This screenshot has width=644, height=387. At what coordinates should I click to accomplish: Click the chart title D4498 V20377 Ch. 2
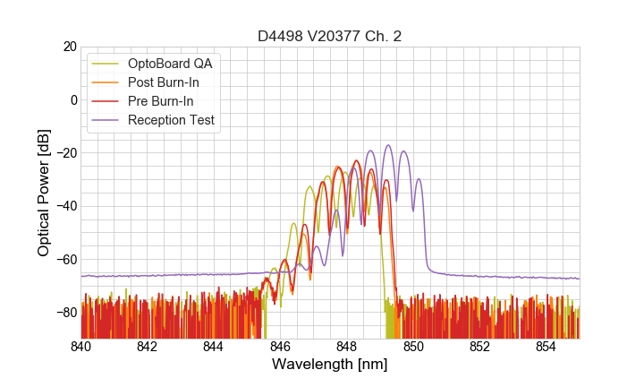(x=330, y=36)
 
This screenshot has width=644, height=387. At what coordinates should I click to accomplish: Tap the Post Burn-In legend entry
(x=164, y=82)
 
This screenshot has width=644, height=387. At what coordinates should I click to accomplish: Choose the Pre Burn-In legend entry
(x=161, y=101)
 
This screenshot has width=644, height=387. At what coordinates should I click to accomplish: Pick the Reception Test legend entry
(x=171, y=120)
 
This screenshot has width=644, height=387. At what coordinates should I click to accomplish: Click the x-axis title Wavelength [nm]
(x=330, y=365)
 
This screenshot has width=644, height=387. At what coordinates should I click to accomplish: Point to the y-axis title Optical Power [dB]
(x=44, y=193)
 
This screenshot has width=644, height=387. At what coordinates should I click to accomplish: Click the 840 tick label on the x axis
(x=80, y=347)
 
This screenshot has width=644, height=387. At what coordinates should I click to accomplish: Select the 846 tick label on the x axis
(x=280, y=347)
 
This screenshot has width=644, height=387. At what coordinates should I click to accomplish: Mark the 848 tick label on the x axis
(x=346, y=347)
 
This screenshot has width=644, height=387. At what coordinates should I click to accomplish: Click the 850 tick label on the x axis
(x=413, y=347)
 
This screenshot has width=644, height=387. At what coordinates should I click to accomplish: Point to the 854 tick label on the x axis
(x=546, y=347)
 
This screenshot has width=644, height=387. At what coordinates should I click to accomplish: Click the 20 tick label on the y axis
(x=69, y=47)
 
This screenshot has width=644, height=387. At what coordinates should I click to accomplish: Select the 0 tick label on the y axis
(x=72, y=99)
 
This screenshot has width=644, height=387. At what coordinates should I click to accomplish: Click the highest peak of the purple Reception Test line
(x=388, y=145)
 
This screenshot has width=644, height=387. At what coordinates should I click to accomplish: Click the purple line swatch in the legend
(x=106, y=120)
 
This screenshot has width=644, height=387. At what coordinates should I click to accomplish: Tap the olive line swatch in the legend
(x=106, y=64)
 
